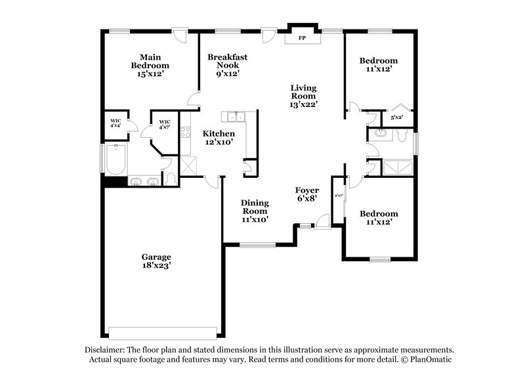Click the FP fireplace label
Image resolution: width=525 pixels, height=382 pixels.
click(303, 38)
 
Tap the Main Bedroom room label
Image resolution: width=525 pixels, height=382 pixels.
click(150, 66)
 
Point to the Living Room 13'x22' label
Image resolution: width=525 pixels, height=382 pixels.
click(304, 96)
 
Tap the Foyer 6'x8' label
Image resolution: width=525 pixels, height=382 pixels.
click(306, 195)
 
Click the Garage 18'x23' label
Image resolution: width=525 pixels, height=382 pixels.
click(156, 262)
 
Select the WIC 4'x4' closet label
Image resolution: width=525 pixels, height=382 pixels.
click(115, 124)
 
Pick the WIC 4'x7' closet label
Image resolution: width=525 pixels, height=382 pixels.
click(165, 125)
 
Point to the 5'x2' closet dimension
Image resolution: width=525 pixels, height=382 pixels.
click(397, 118)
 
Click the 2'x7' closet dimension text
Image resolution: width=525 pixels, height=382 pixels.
click(339, 196)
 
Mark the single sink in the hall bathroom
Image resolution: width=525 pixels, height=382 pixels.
click(379, 135)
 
